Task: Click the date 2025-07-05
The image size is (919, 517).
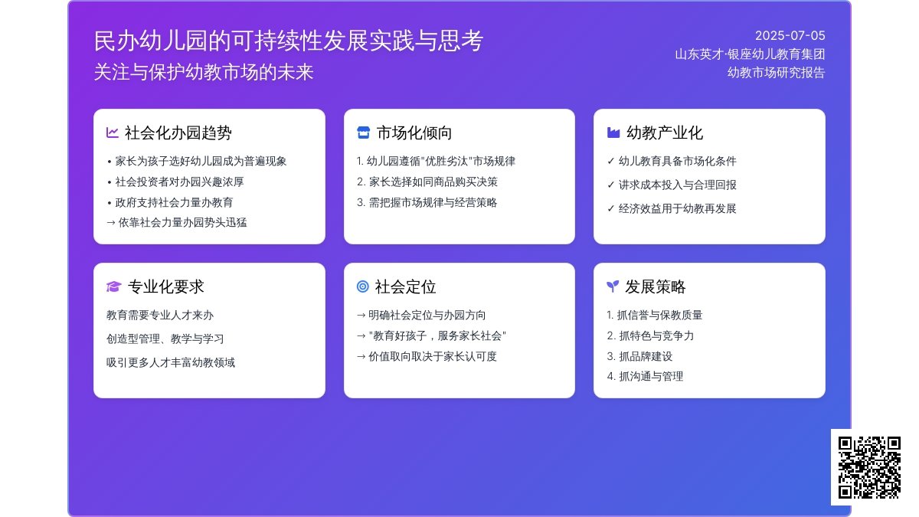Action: pos(790,36)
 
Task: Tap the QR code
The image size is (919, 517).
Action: pos(869,467)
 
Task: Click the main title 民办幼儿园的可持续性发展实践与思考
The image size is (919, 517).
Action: pos(289,41)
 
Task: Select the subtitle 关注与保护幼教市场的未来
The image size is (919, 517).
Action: pos(204,72)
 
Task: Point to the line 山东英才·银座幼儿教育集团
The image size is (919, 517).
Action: pos(750,54)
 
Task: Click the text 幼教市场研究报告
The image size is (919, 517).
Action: pos(777,73)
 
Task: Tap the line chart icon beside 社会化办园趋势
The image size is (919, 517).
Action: pos(113,133)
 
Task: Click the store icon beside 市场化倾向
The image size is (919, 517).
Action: pos(364,133)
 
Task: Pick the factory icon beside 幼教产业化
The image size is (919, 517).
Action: pos(613,133)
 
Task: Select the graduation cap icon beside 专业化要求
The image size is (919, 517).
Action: pos(113,286)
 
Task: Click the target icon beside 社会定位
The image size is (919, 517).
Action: pos(363,286)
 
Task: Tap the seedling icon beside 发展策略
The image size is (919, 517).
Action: pos(613,286)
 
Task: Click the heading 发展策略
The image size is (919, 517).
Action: pos(656,286)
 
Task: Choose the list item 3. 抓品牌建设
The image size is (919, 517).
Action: pos(639,356)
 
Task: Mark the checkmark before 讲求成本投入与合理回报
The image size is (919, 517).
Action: pos(610,185)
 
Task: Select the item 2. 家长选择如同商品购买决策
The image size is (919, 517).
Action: pos(427,182)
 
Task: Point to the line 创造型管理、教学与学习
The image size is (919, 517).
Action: pos(165,339)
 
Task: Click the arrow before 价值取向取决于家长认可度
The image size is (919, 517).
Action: pos(361,357)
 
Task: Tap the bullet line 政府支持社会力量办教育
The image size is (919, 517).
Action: pos(170,202)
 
